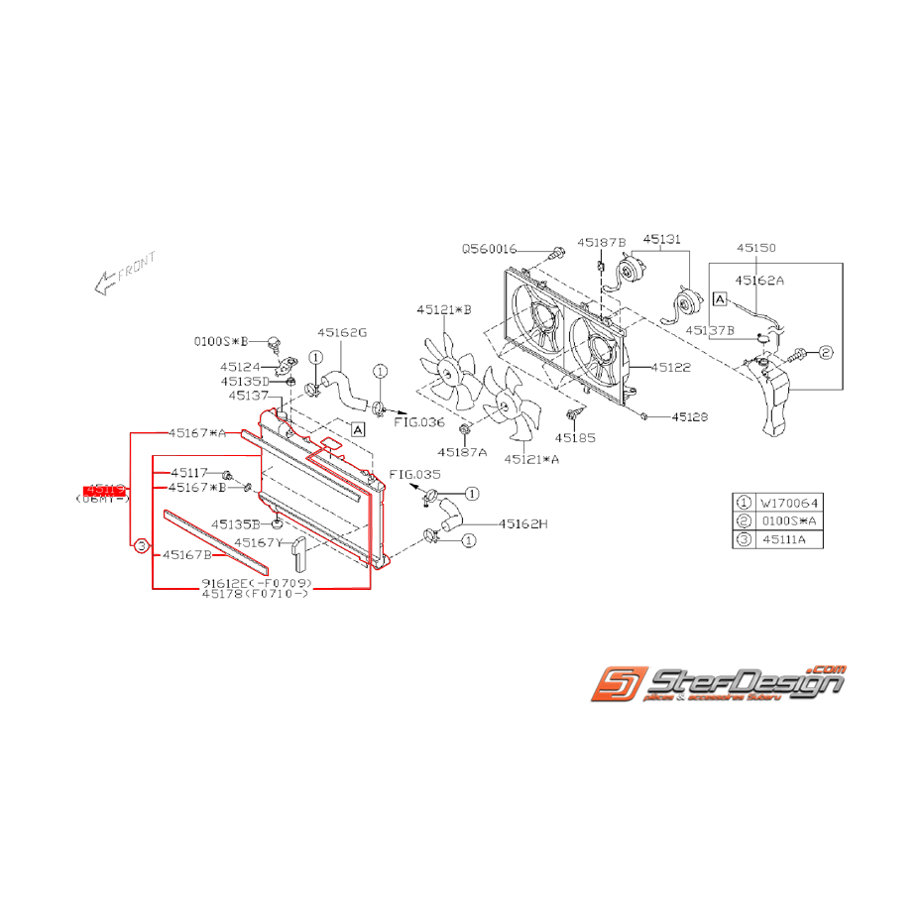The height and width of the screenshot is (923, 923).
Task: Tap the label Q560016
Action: (489, 249)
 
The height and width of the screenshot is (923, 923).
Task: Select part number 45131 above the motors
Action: (661, 239)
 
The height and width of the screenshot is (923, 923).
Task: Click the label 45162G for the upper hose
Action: (342, 333)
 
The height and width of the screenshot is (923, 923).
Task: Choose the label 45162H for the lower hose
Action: (522, 523)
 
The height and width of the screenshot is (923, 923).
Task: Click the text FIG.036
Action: (419, 421)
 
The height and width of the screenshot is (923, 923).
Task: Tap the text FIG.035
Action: (413, 475)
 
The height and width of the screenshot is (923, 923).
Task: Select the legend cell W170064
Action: (790, 503)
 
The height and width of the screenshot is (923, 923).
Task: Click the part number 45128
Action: (689, 417)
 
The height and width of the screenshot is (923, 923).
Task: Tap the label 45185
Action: (576, 435)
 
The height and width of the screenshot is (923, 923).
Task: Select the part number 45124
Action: (240, 366)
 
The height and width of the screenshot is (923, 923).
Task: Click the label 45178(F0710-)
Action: (255, 593)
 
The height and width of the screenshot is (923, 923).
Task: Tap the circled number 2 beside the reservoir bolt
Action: (826, 352)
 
